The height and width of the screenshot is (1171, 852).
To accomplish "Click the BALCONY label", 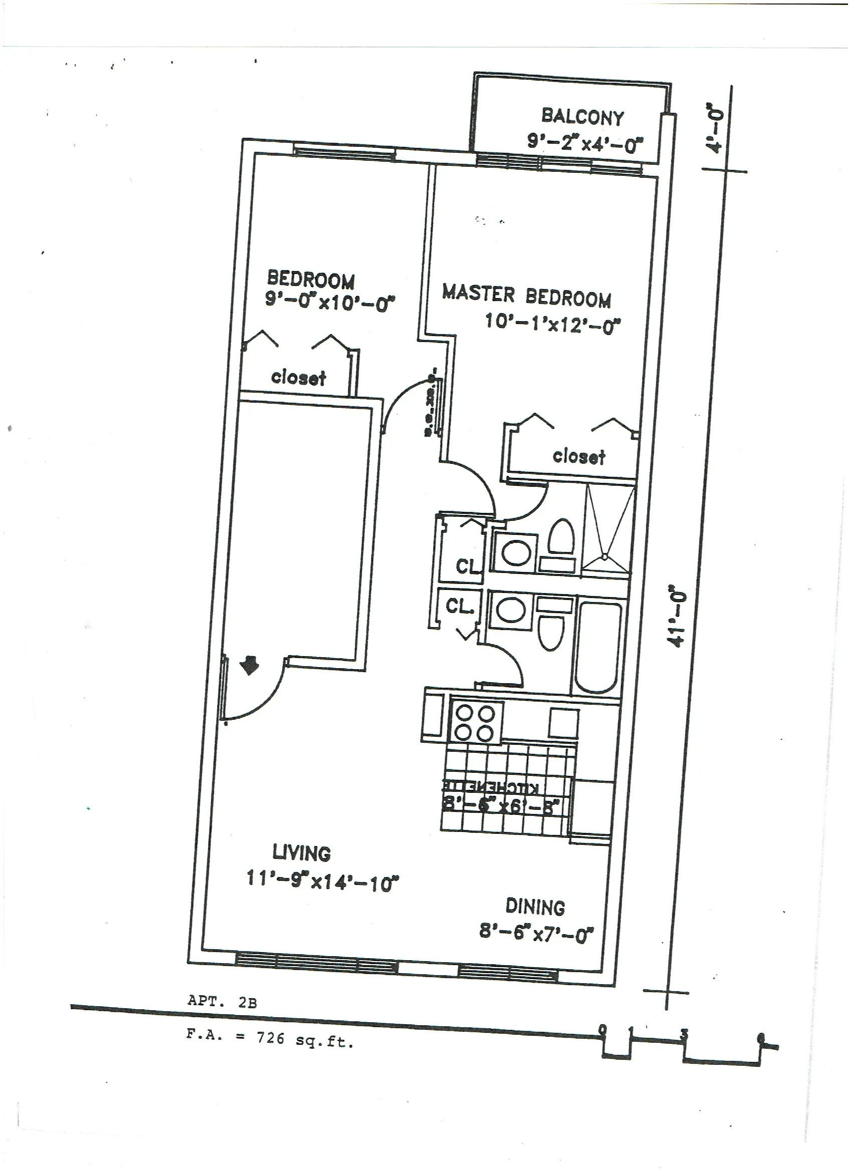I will pos(582,117).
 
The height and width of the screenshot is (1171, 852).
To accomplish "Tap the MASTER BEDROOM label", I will pos(526,296).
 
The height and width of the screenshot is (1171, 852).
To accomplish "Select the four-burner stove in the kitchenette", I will pos(474,723).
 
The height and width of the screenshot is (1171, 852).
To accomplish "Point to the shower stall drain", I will pos(604,556).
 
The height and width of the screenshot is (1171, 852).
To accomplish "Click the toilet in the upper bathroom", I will pos(561,538).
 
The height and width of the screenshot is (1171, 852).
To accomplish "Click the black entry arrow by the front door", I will pos(251,665).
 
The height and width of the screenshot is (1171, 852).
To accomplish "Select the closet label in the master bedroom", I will pos(579,456).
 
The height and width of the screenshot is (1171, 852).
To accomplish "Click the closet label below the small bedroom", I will pos(299,378).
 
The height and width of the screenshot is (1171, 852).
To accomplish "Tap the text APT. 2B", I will pos(222,1002).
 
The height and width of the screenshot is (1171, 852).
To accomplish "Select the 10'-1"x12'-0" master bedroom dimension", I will pos(552,324).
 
